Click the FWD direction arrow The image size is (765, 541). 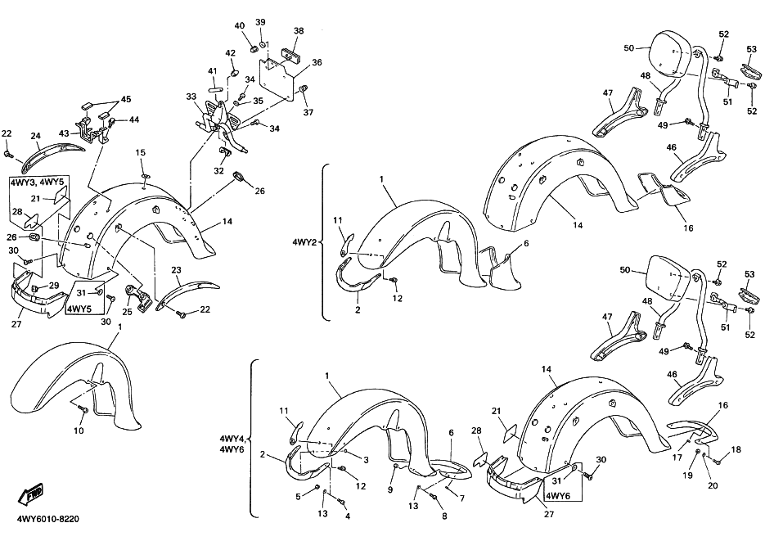coord(30,494)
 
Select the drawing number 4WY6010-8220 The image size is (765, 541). coord(47,519)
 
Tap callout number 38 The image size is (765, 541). coord(299,31)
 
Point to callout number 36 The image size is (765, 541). coord(317,62)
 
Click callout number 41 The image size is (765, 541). coord(212,71)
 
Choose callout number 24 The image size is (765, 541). coord(35,136)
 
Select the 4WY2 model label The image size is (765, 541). coord(303,242)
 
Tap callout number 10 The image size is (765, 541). coord(79,431)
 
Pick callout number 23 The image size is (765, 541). coord(176,270)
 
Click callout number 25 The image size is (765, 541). coord(128,311)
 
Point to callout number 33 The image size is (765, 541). coord(191,97)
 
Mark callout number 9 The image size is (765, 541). coord(390,489)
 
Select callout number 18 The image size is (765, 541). coord(736,450)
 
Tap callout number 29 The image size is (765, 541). coord(54,286)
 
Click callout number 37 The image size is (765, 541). coord(308,112)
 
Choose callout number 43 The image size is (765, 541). coord(64,133)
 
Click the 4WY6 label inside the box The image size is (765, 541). coord(556,497)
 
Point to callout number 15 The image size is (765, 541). coord(140,153)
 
